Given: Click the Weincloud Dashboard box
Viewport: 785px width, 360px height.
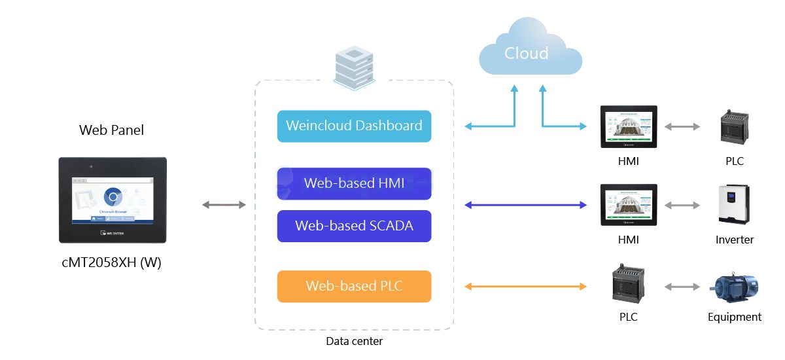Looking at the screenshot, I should tap(354, 126).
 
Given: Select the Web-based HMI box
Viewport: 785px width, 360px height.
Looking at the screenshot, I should tap(354, 183).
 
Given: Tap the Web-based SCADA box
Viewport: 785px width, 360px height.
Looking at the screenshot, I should tap(354, 226).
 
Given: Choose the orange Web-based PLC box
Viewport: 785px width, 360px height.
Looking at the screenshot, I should tap(354, 286).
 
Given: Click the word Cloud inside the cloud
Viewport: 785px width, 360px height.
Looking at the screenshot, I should tap(526, 53).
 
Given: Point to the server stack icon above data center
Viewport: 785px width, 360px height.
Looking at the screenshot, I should tap(354, 65).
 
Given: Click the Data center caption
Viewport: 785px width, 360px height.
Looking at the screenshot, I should tap(354, 341).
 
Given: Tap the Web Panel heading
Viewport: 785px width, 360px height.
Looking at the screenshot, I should tap(111, 130).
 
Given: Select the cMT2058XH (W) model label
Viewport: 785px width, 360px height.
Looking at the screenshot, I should tap(111, 263).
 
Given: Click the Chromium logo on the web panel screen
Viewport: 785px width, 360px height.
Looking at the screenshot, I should tap(113, 196).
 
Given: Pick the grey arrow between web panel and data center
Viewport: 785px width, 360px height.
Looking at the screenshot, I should tap(224, 206).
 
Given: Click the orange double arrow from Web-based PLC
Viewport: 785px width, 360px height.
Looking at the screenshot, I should tap(525, 286).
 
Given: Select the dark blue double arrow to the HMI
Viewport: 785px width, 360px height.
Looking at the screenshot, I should tap(525, 206).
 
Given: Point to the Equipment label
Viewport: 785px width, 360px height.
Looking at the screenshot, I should tap(734, 317).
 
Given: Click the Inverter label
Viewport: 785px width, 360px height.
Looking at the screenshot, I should tap(734, 240).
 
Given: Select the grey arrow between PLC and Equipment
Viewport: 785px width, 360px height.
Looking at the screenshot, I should tap(682, 286).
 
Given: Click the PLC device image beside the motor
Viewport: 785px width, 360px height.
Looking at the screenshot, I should tap(628, 284).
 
